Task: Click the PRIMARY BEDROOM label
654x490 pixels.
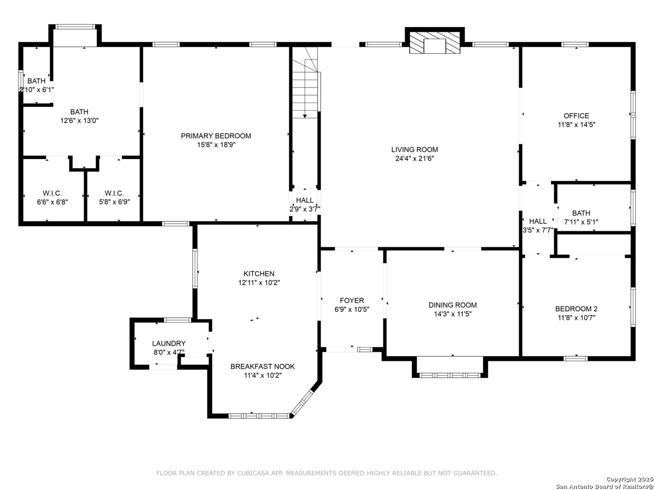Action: (216, 136)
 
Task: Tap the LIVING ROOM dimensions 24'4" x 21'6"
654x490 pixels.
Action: (415, 159)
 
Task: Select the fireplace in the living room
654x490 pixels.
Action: (435, 43)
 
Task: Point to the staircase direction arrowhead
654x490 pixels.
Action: (305, 116)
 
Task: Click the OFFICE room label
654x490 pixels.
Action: (576, 116)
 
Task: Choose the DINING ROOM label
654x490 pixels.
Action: (453, 305)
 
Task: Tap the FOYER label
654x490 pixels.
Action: (352, 300)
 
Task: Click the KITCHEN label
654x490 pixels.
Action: (259, 274)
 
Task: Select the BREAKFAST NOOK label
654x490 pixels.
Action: (263, 367)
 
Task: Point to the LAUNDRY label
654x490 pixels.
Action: (169, 343)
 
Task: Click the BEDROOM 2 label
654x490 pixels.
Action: (576, 309)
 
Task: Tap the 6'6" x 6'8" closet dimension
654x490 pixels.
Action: (52, 202)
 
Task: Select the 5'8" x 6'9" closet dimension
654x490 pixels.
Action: (114, 202)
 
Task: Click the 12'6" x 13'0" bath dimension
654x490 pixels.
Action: (79, 121)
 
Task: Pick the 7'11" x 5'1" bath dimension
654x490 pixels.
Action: (581, 222)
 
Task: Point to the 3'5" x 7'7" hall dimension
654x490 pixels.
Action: (538, 230)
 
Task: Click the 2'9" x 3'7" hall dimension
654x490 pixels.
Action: (305, 209)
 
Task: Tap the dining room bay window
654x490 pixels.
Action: (450, 376)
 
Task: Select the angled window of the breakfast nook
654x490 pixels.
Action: (302, 403)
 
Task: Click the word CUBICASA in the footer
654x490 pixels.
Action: (253, 473)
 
